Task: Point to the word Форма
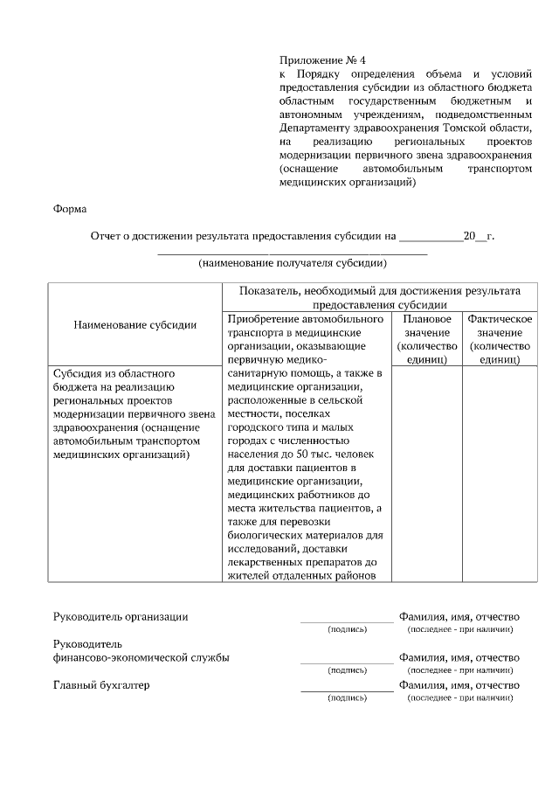70,209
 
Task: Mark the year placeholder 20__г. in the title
479,236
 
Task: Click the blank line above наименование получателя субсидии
292,252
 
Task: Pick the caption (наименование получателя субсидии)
292,262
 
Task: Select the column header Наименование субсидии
135,324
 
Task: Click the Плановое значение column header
426,339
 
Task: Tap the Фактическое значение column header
500,339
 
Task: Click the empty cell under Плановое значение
426,472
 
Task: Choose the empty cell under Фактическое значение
500,472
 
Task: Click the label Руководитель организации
121,616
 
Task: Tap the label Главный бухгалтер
101,685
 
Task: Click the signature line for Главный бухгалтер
347,690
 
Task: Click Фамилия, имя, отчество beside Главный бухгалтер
459,685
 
